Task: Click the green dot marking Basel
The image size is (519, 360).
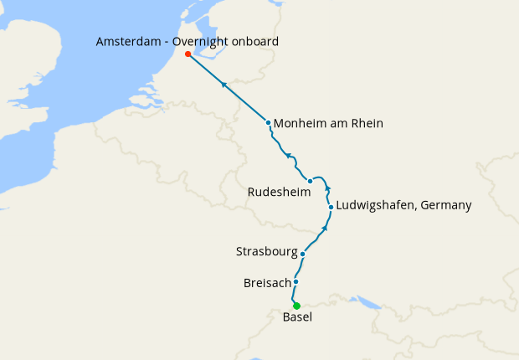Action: point(296,306)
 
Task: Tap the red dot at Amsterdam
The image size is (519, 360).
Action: point(188,54)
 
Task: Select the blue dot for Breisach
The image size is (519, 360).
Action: point(296,282)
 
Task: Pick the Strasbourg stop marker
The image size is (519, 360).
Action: point(302,253)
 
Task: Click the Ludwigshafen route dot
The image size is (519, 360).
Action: point(331,207)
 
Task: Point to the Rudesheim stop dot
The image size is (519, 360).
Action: point(310,181)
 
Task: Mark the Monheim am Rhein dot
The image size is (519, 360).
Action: point(269,123)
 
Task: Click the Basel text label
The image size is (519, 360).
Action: point(298,318)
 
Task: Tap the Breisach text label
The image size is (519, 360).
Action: point(266,283)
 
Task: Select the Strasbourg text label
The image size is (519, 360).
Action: point(265,251)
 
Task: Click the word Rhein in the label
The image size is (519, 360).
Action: point(367,124)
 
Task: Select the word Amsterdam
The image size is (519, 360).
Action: point(128,41)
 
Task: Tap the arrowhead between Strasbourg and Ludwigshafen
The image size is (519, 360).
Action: point(325,227)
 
